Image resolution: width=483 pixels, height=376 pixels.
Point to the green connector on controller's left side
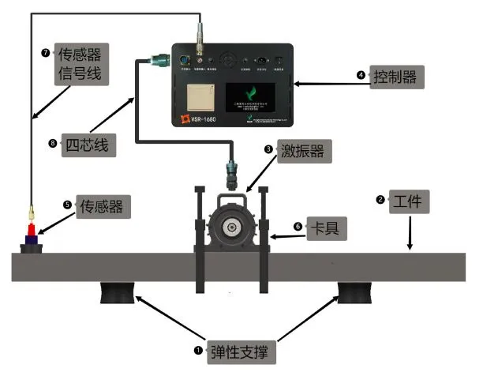[155, 56]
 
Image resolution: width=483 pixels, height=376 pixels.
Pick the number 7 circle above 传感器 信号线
[45, 52]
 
